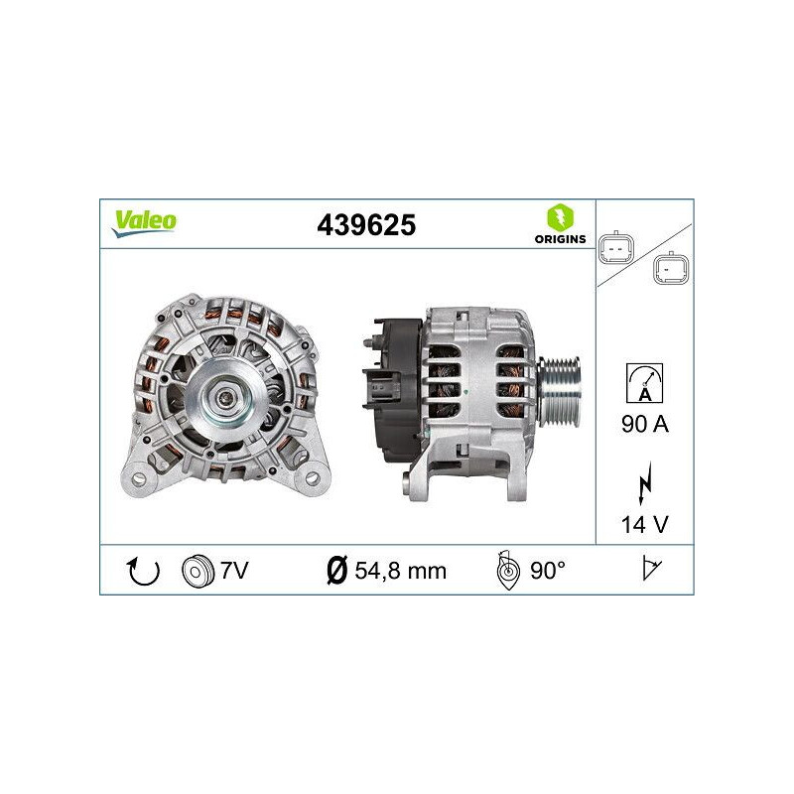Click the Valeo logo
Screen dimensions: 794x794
click(144, 222)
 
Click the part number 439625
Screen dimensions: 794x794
click(365, 225)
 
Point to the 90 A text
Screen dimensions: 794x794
click(644, 425)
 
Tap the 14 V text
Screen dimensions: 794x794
click(644, 523)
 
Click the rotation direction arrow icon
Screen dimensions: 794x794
click(145, 571)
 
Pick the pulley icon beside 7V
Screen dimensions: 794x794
click(198, 571)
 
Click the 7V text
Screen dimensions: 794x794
click(234, 571)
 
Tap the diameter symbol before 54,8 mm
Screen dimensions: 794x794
click(336, 571)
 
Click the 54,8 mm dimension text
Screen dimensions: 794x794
click(399, 571)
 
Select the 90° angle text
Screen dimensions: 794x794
click(547, 571)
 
